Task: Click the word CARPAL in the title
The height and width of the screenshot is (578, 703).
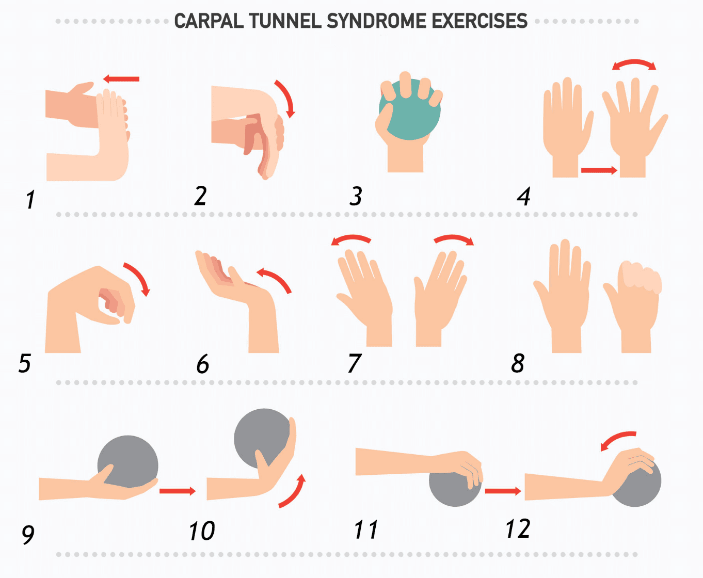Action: click(x=209, y=21)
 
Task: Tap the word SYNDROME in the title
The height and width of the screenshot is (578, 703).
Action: click(x=377, y=21)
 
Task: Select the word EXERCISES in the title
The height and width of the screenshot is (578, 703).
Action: click(x=480, y=21)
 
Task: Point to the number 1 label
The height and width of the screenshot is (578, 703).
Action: click(x=30, y=199)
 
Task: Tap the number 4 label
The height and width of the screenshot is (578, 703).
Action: click(x=524, y=197)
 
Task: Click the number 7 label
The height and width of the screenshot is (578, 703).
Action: click(x=354, y=363)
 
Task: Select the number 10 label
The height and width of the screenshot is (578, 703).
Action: click(x=202, y=531)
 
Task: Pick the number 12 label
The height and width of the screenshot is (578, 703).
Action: click(x=518, y=529)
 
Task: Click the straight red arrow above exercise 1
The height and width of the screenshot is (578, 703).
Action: click(x=121, y=79)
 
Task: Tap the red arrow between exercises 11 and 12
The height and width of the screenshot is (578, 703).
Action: click(x=503, y=491)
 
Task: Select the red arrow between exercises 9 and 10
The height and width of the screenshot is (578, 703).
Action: click(x=178, y=491)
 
